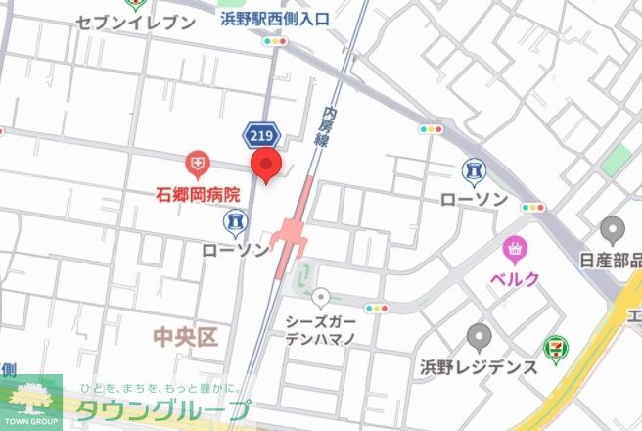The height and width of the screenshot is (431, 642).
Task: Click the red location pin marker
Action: click(x=266, y=166)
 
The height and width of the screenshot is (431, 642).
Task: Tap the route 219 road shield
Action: click(x=260, y=134)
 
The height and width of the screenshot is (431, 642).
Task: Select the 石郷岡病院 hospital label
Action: click(x=199, y=194)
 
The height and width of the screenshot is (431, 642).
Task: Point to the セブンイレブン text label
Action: click(x=135, y=22)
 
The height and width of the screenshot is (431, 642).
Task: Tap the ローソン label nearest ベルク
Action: click(x=475, y=200)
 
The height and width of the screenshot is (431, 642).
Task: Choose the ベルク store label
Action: click(x=515, y=279)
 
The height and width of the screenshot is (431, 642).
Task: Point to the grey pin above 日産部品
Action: click(x=614, y=230)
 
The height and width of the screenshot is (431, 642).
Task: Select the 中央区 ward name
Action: click(x=185, y=338)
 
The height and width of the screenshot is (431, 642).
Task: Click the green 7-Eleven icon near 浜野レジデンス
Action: click(x=555, y=346)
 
